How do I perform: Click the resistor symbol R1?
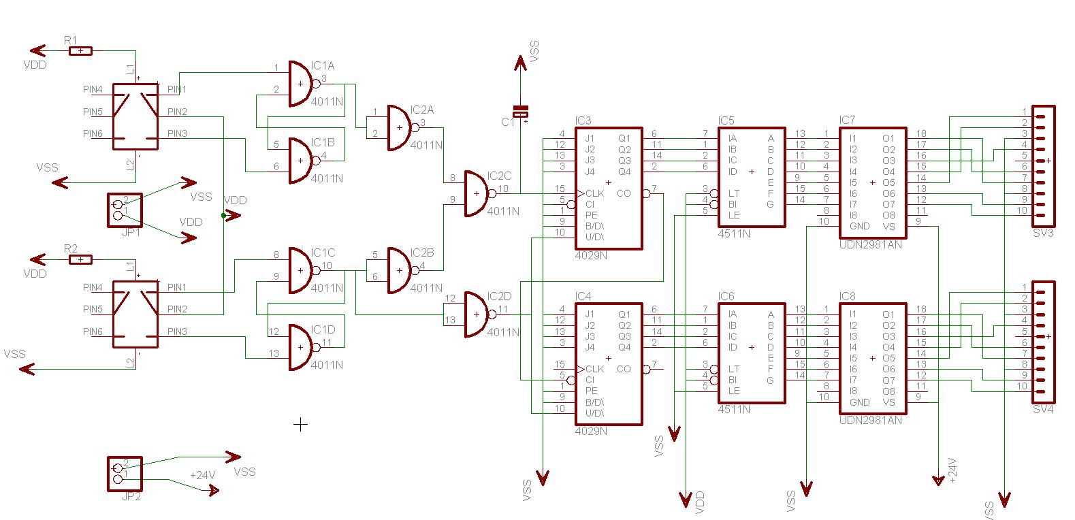[81, 50]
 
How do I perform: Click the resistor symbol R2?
[81, 259]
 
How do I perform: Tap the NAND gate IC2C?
[477, 193]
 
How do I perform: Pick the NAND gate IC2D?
[477, 314]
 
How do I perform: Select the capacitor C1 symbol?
[520, 112]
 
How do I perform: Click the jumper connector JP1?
[125, 210]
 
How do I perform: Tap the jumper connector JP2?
[125, 474]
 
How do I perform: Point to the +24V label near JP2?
[202, 475]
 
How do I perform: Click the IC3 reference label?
[583, 121]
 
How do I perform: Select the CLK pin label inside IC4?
[594, 369]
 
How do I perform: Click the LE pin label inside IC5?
[734, 215]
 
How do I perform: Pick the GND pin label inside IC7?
[859, 226]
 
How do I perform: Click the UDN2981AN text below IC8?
[870, 420]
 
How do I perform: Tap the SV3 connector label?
[1042, 233]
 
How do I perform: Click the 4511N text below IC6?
[734, 409]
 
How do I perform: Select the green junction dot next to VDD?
[223, 215]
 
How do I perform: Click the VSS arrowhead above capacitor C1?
[520, 63]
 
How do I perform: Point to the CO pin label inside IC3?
[624, 193]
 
